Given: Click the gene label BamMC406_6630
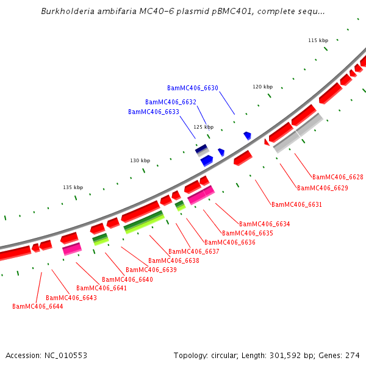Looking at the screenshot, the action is point(193,88).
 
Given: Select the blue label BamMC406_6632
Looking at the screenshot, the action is point(171,102).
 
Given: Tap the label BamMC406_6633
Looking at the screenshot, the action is point(154,112).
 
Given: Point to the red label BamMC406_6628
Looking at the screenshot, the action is point(338,178).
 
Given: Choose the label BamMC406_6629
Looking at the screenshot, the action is point(323,188).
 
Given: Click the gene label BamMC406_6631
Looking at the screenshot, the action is point(297,205).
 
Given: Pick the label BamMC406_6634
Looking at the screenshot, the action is point(265,224).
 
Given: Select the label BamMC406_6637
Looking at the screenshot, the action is point(194,252).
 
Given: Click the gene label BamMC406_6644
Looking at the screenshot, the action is point(38,307).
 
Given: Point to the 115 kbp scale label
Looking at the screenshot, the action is point(318,40).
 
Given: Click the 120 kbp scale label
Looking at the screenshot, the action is point(263,87).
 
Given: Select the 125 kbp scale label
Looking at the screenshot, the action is point(204,127).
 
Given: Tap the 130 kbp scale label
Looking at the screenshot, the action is point(140,161).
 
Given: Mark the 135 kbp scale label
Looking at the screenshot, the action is point(73,188).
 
